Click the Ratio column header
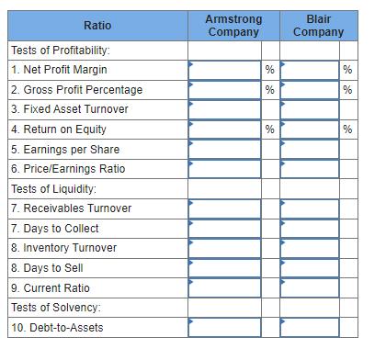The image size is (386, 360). coord(96,25)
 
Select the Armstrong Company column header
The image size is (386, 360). coord(233,25)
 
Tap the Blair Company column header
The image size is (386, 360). coord(318,25)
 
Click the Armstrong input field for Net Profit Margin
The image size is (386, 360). coord(224,69)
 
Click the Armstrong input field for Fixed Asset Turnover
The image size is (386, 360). coord(233,109)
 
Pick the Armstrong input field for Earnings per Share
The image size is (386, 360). coord(233,149)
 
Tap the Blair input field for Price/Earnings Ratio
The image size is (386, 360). coord(318,169)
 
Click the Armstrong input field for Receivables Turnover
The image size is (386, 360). coord(233,208)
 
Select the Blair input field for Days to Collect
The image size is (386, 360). coord(318,228)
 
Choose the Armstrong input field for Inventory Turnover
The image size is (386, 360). coord(233,248)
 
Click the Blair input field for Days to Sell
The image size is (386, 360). coord(318,268)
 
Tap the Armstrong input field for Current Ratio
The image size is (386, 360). coord(233,287)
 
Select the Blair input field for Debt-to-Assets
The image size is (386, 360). coord(318,328)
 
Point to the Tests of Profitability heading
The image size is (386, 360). coord(60,49)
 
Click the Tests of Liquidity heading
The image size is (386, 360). coord(53,188)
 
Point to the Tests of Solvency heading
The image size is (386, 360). coord(54,308)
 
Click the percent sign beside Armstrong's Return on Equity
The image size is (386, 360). coord(269,129)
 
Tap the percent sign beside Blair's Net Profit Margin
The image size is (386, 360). coord(347,69)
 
